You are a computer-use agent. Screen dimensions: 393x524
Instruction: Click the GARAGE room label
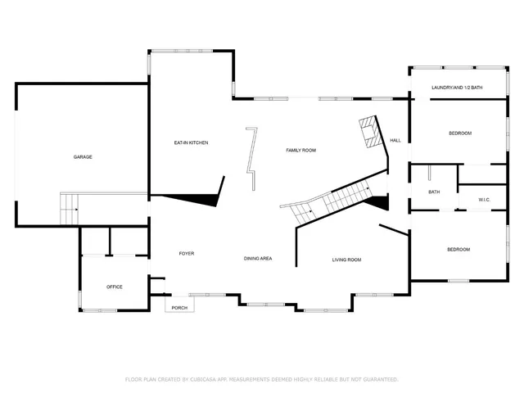83,156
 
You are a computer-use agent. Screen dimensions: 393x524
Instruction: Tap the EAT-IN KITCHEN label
191,143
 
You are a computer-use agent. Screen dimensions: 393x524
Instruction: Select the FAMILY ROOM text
300,151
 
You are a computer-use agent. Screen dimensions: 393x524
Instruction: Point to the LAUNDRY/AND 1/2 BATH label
457,88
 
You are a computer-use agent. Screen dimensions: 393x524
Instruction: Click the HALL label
395,140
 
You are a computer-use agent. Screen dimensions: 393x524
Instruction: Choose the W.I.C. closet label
472,197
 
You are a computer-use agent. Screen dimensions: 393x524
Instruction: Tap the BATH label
434,192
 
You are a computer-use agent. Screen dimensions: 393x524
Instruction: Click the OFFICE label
115,287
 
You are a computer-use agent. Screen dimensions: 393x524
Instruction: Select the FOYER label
187,254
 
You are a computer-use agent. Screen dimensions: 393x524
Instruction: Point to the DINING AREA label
258,259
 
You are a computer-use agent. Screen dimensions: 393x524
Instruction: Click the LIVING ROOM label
346,260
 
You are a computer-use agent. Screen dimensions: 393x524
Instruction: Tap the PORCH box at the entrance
179,307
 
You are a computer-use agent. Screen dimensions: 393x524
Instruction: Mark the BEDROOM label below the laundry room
459,133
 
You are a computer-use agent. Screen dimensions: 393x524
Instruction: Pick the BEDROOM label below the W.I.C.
458,249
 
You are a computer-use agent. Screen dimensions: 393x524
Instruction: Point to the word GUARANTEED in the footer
379,379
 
